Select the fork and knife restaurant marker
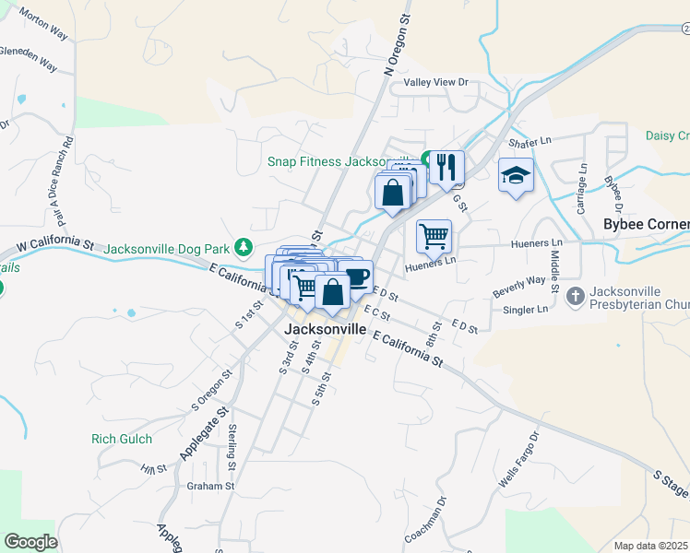[446, 167]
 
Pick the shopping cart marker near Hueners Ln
[434, 235]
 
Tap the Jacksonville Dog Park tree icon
[243, 247]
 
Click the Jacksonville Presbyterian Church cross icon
[576, 297]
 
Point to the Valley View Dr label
[430, 82]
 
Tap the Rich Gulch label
[122, 439]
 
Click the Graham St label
[211, 486]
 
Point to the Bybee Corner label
[646, 224]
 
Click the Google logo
[30, 541]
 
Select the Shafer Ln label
[529, 141]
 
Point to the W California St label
[54, 244]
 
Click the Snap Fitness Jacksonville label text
[343, 160]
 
